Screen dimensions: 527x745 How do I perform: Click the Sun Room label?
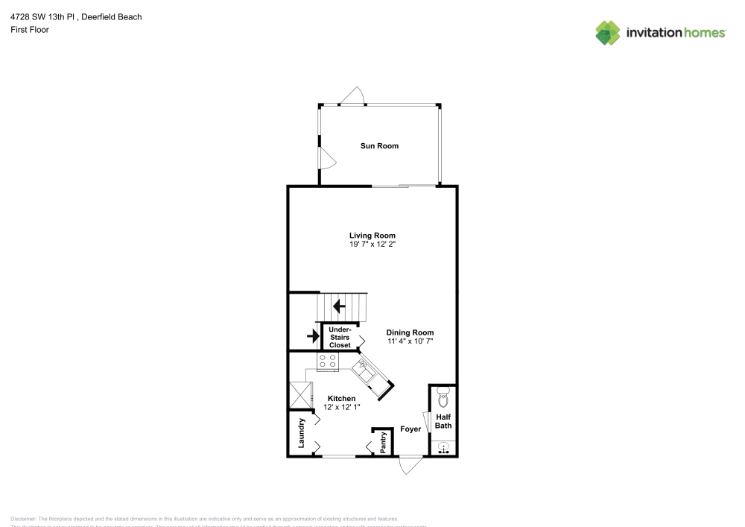379,146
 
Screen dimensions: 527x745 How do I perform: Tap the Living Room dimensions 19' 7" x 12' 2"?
372,244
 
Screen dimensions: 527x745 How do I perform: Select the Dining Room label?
410,332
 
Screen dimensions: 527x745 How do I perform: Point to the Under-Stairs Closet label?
340,337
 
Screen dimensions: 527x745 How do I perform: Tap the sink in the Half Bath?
443,448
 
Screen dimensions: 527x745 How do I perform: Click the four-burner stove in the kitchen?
327,362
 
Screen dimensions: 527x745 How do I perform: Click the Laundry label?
302,433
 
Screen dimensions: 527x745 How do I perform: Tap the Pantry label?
383,442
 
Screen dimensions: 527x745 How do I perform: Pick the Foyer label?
410,429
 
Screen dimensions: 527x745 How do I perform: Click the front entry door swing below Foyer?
409,465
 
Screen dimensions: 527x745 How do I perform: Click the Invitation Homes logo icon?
608,32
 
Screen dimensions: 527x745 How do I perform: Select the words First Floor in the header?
30,30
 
